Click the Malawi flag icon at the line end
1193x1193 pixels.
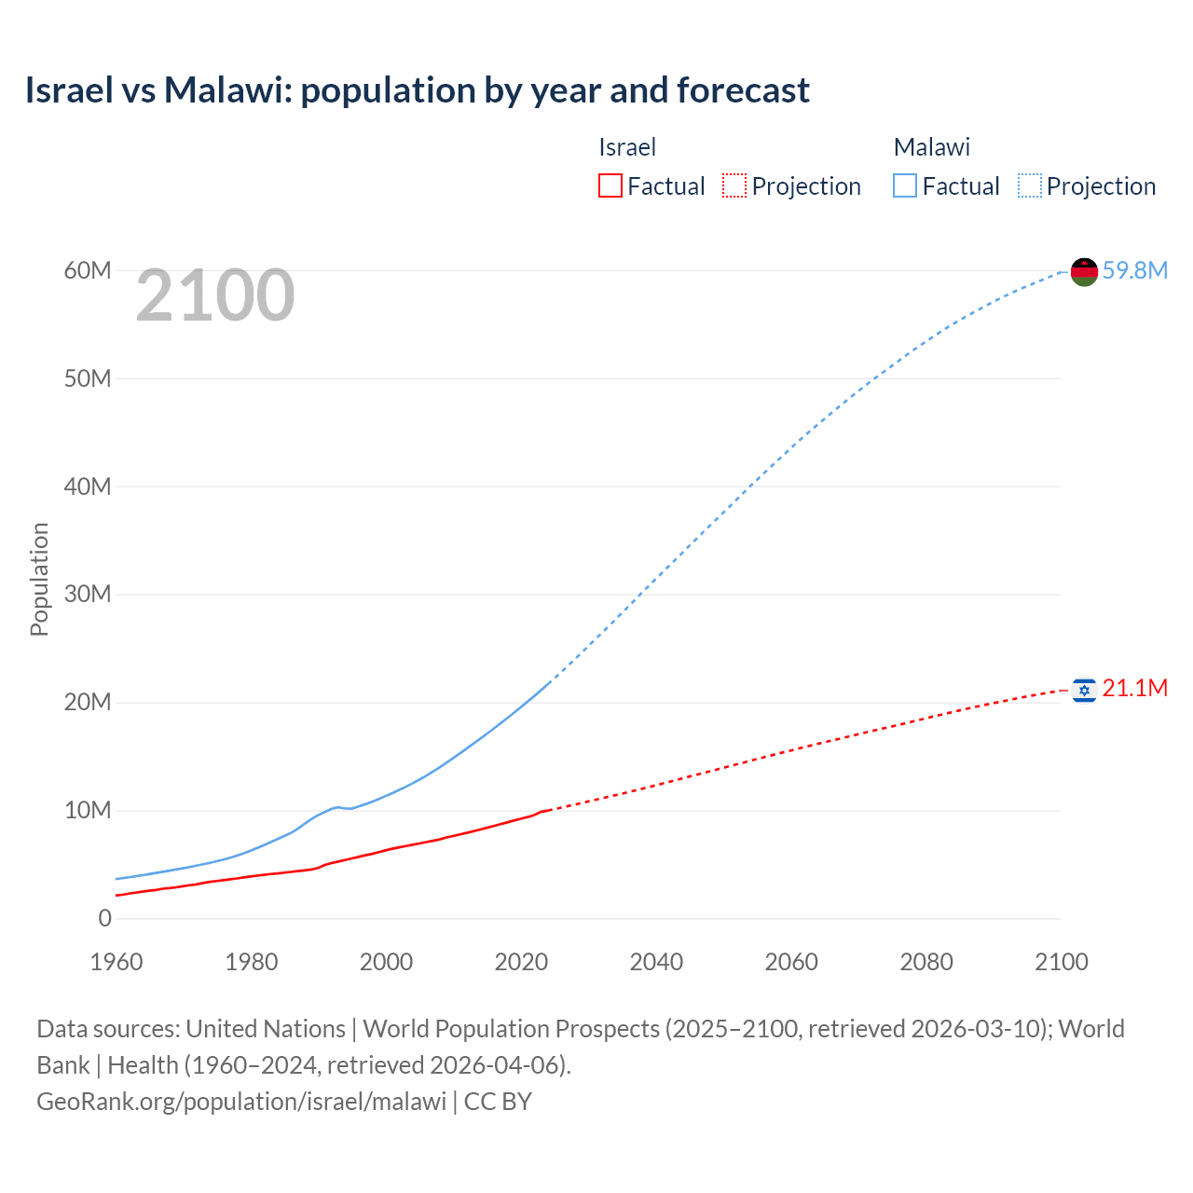[1084, 271]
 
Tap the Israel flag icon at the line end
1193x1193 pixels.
[1084, 690]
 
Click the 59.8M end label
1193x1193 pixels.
[1134, 270]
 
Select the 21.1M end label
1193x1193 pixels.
[1134, 689]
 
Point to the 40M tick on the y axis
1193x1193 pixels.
[88, 487]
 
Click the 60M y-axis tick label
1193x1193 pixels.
[88, 270]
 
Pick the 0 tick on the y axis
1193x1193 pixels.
[104, 918]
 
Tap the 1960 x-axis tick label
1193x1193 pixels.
[117, 962]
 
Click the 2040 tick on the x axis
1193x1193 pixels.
[656, 962]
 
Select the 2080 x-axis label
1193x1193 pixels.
[926, 962]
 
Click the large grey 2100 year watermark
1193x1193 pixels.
[215, 295]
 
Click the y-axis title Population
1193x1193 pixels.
[39, 579]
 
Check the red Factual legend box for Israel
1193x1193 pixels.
[610, 186]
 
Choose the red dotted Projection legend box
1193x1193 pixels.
[734, 186]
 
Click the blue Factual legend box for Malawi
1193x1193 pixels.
[905, 186]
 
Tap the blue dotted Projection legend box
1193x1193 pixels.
[1030, 186]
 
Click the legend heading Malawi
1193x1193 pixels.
[931, 147]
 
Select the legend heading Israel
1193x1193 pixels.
[627, 147]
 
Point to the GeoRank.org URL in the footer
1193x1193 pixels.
[241, 1102]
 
